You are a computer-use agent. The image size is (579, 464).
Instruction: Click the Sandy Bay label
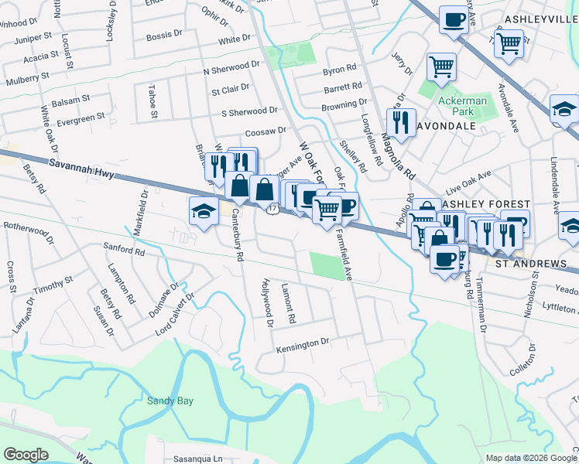point(170,401)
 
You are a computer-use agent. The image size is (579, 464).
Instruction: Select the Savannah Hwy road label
point(81,169)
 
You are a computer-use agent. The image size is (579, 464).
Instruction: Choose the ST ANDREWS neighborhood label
point(531,264)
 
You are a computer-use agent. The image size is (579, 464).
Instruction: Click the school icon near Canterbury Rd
point(204,211)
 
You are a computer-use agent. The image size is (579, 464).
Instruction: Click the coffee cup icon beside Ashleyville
point(454,19)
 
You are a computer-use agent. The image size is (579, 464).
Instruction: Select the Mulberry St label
point(27,78)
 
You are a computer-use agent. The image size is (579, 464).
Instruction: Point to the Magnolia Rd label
point(399,154)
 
